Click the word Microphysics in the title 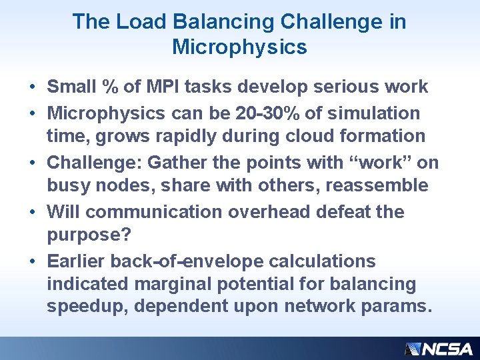click(239, 47)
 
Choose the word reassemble click(376, 185)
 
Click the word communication click(156, 212)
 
